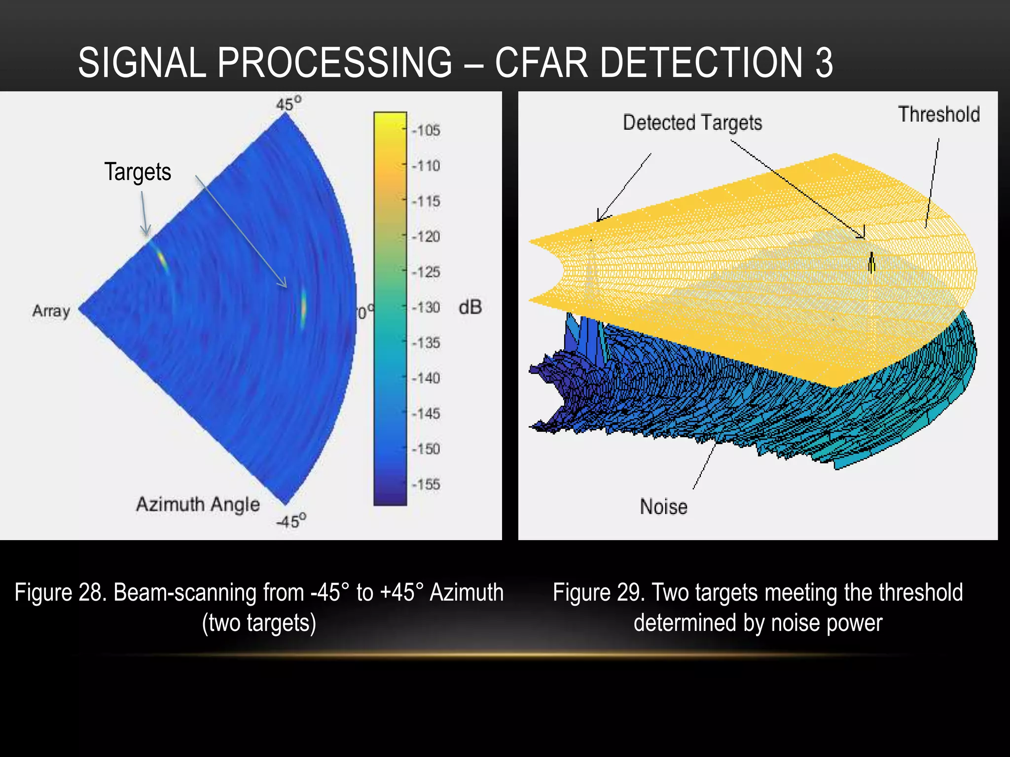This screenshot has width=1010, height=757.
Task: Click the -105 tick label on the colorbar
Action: click(426, 131)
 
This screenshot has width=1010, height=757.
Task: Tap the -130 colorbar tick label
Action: click(426, 308)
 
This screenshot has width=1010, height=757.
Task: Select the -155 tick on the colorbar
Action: click(426, 484)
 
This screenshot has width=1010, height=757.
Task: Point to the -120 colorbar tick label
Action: click(426, 237)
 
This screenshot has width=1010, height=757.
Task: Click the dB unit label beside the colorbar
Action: click(469, 307)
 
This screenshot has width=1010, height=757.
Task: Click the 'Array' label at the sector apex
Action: click(51, 311)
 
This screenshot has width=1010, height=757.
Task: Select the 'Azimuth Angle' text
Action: click(198, 504)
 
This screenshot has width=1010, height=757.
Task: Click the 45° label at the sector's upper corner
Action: click(289, 104)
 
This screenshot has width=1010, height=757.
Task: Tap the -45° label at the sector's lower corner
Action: click(291, 520)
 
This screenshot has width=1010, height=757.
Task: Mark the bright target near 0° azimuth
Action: click(303, 308)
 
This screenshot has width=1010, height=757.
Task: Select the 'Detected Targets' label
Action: click(692, 123)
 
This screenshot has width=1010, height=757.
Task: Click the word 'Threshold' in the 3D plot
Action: click(938, 114)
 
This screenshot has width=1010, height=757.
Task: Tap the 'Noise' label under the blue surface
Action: click(663, 507)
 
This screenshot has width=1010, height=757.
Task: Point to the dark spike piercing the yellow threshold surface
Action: click(871, 262)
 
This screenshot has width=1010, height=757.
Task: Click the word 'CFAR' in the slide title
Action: click(541, 63)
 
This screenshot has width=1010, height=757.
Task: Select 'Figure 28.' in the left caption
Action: click(60, 592)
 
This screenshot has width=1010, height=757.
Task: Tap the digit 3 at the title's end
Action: click(824, 63)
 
